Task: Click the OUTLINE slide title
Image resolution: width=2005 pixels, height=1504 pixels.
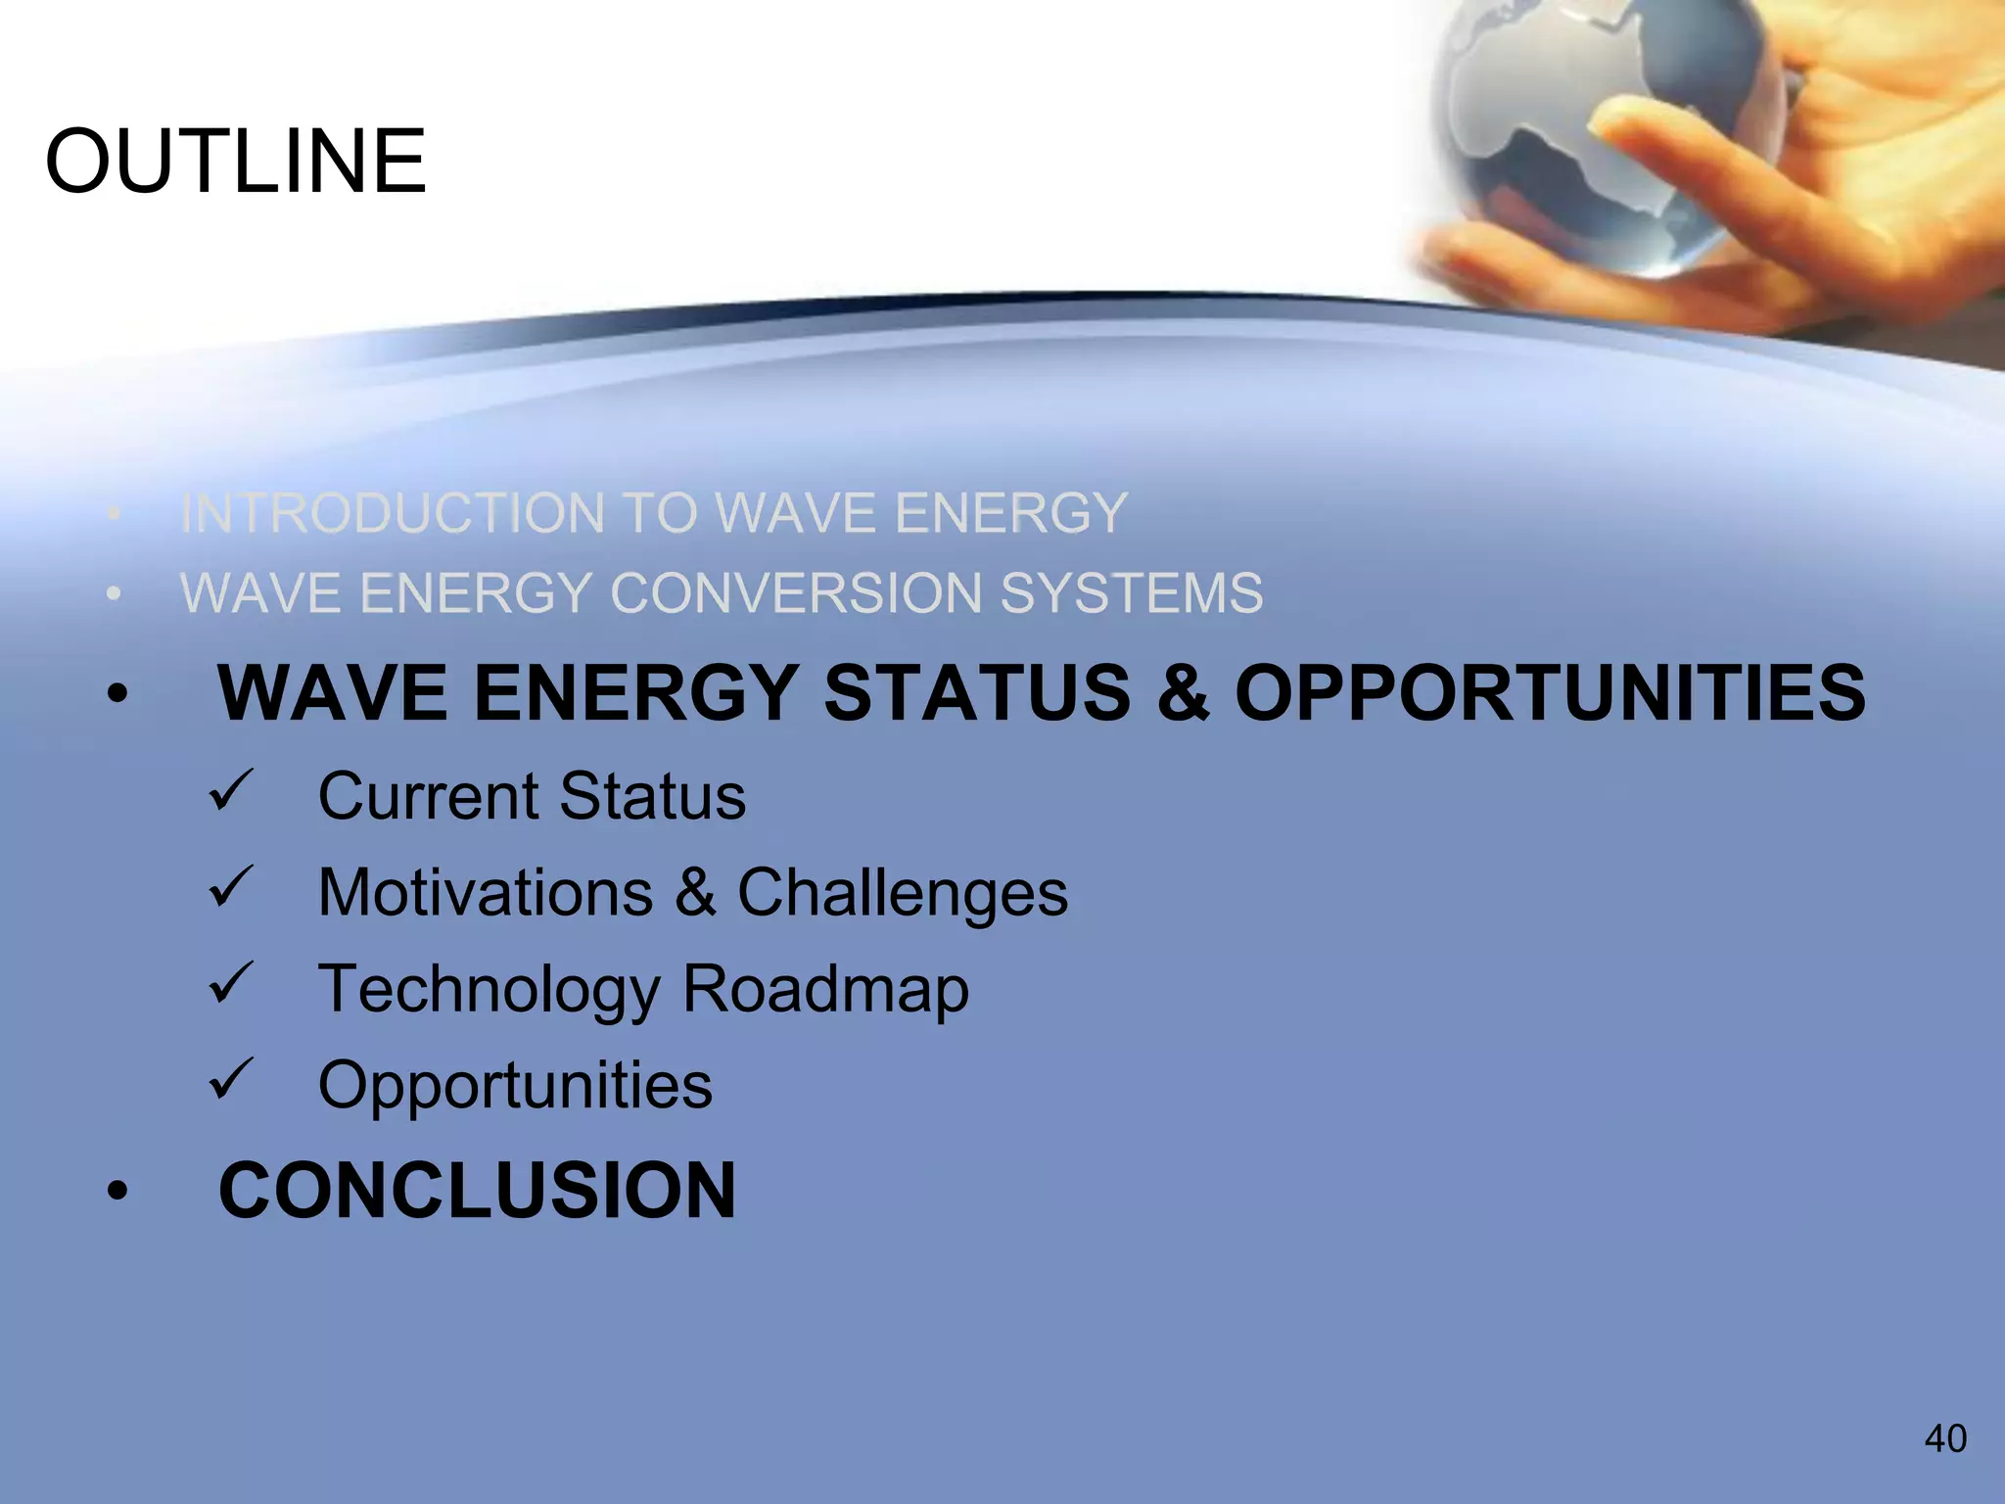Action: [236, 162]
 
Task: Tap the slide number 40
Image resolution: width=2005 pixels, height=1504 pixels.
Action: [1945, 1438]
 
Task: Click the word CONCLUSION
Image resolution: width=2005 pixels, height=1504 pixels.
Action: [477, 1191]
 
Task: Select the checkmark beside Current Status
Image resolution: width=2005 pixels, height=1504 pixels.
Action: [231, 790]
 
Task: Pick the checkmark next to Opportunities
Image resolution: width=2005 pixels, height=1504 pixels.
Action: [231, 1079]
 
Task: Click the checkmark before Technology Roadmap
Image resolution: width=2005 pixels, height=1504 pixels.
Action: [231, 983]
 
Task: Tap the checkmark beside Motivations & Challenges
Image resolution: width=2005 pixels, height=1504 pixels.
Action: [231, 887]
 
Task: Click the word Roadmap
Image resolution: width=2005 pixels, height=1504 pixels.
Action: [825, 989]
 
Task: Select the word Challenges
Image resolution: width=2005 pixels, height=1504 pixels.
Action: [902, 893]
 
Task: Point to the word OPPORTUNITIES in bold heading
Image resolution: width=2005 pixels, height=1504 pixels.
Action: [1551, 693]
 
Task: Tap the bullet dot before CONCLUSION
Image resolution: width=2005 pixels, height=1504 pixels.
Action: [117, 1192]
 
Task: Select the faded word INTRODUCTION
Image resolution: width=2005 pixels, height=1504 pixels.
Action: [393, 513]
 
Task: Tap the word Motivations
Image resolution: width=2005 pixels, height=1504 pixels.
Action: [486, 893]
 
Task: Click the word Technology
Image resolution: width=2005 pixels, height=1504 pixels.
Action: [490, 989]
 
